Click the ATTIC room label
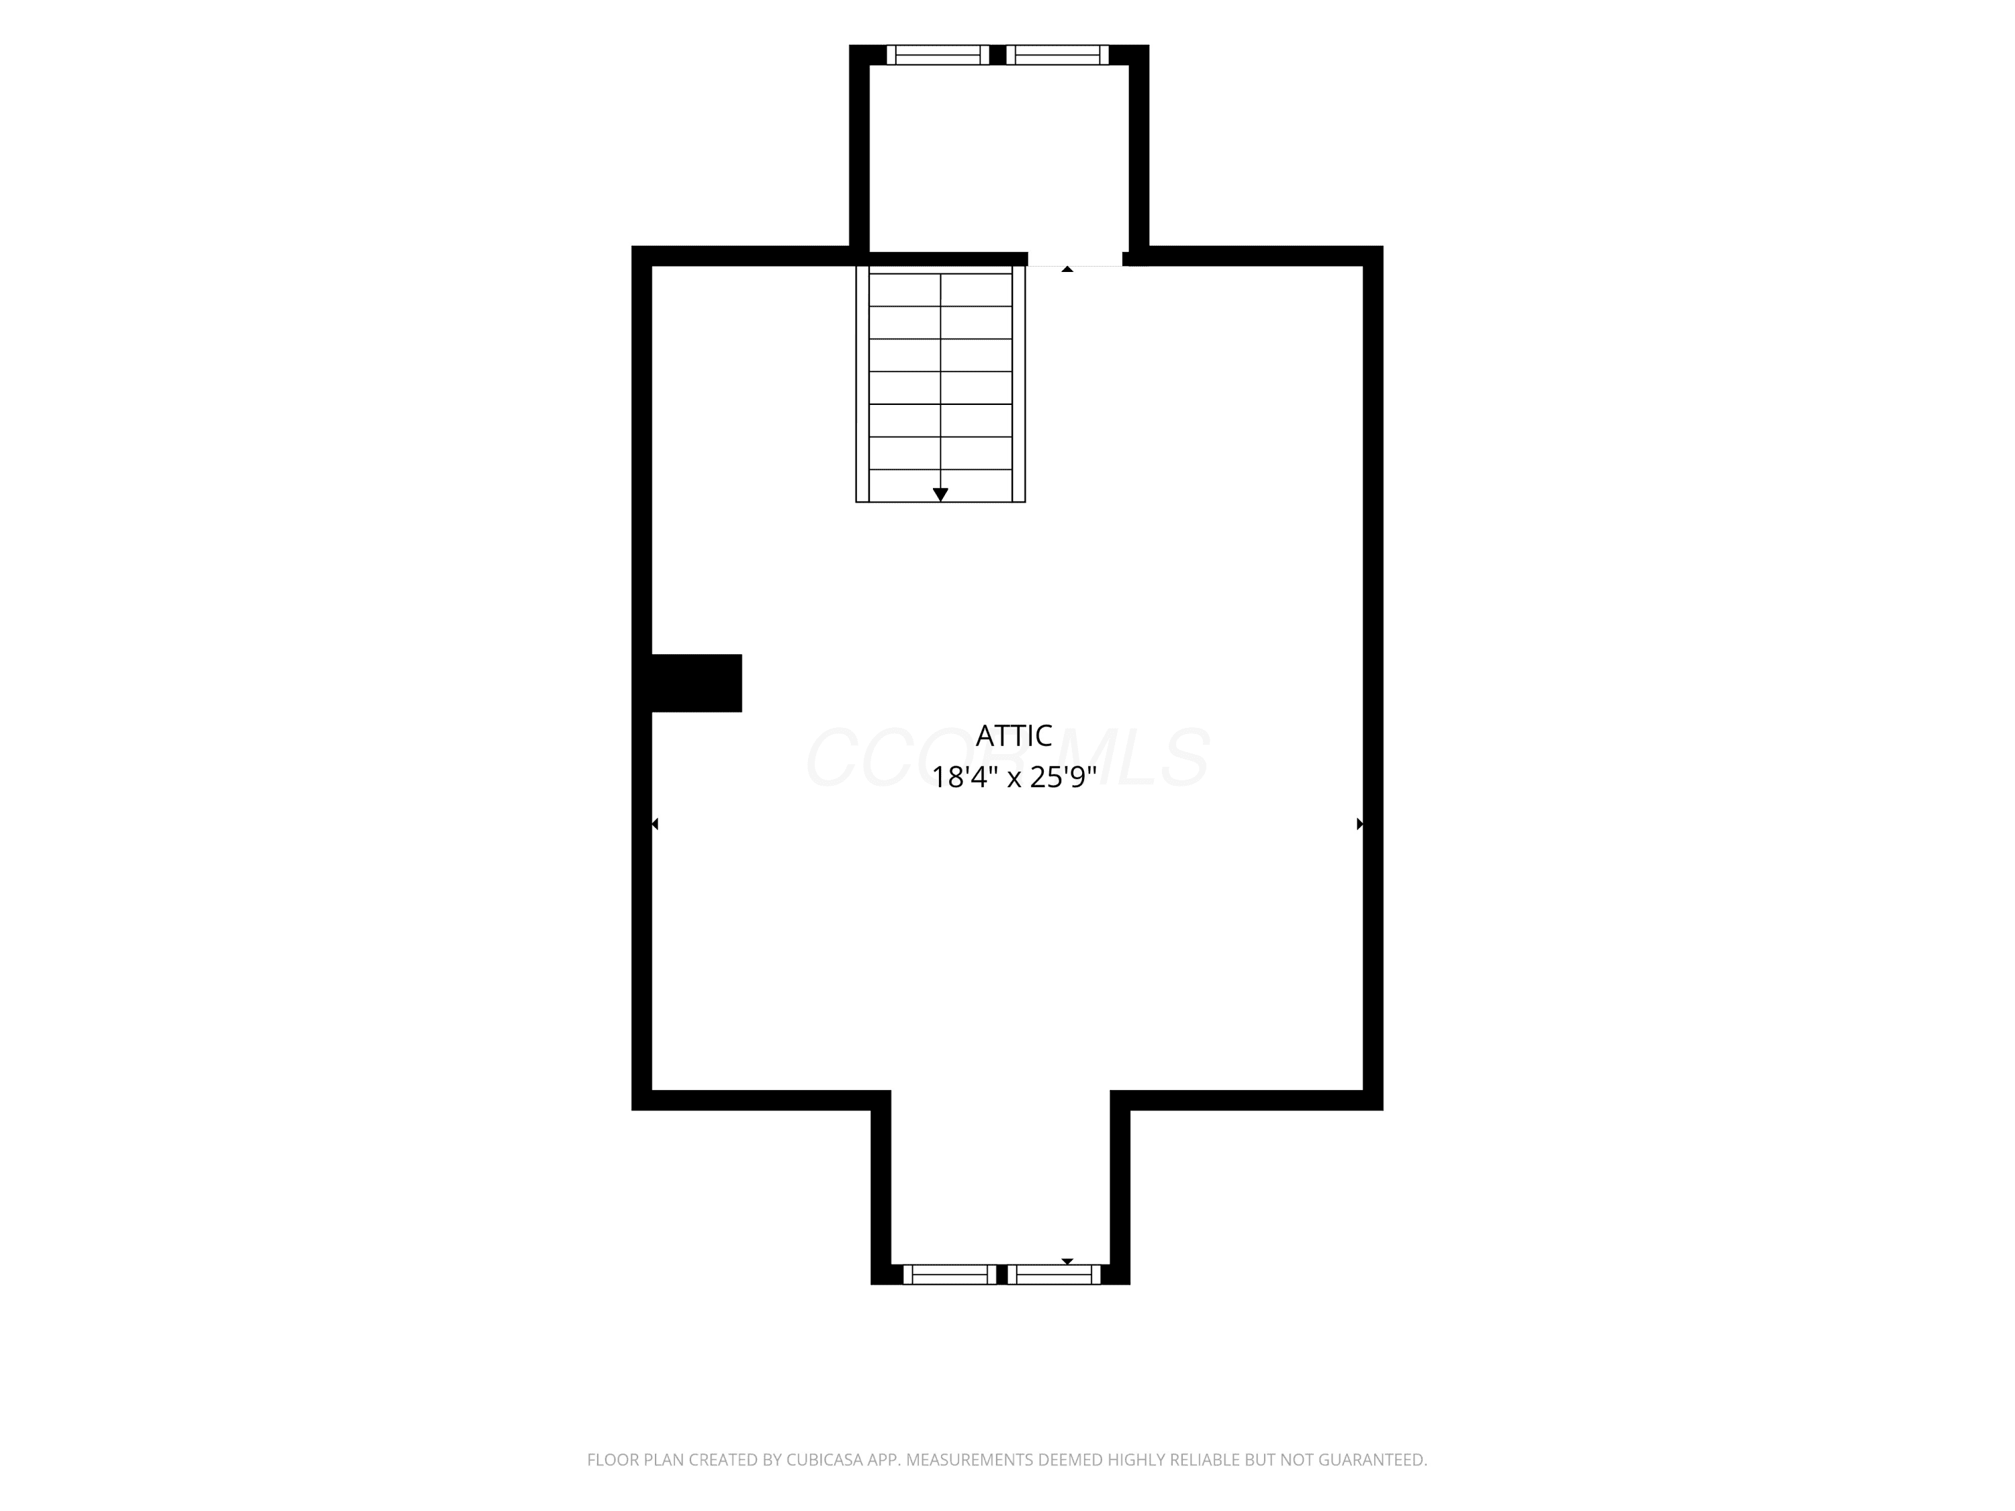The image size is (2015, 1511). point(1013,735)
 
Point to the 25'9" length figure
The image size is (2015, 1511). point(1063,777)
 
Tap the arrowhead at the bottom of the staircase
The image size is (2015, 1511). point(940,494)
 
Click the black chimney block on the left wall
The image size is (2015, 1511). point(696,683)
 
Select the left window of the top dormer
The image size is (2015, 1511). point(938,54)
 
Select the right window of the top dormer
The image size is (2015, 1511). point(1058,54)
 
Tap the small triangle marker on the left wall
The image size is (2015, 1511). point(655,823)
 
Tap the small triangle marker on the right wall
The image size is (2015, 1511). point(1360,823)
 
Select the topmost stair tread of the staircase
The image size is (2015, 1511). point(940,289)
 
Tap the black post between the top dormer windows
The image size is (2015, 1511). point(997,54)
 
